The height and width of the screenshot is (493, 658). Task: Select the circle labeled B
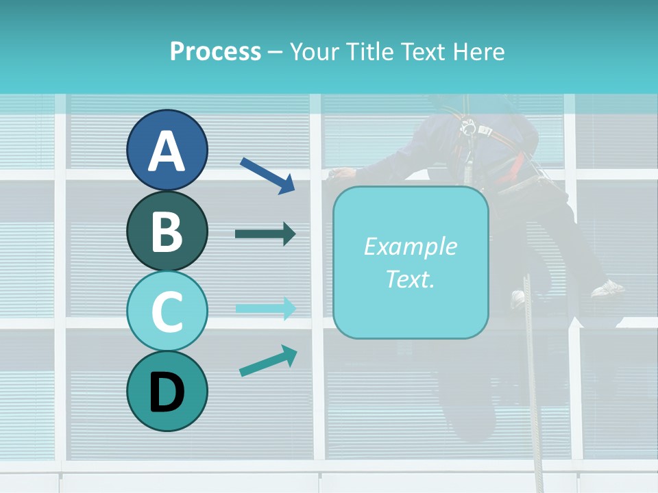point(167,231)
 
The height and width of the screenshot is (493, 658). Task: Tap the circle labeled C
point(167,311)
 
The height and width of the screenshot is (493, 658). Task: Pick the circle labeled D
point(167,391)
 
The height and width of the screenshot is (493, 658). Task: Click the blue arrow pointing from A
point(267,175)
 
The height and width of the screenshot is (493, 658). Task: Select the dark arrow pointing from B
point(265,234)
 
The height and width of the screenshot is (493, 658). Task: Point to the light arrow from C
point(265,308)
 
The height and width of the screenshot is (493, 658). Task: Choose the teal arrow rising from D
point(268,361)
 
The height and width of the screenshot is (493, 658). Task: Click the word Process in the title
point(215,51)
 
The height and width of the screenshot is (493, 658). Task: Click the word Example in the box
point(410,246)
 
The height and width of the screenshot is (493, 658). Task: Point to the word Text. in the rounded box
point(410,279)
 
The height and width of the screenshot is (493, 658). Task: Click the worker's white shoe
point(607,288)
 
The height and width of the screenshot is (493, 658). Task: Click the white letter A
point(167,151)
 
